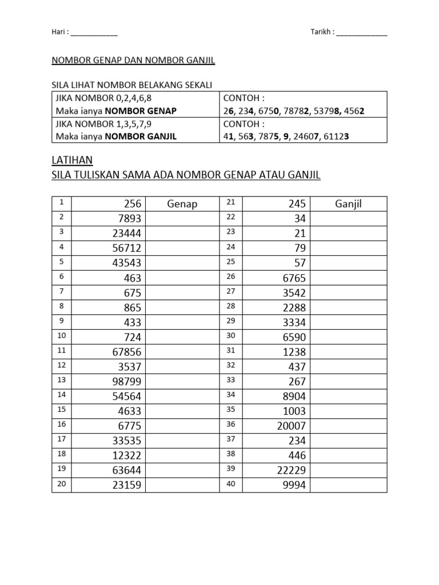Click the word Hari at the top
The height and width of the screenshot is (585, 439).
click(x=58, y=33)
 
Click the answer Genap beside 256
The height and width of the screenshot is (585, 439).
click(x=182, y=204)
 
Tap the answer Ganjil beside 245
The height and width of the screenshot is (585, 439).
click(x=349, y=204)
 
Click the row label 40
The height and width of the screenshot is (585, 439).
click(x=232, y=484)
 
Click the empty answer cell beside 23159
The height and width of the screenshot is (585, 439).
click(x=183, y=486)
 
